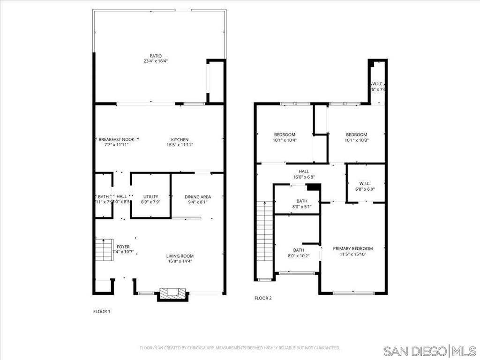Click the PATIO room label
click(x=150, y=56)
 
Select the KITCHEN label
click(x=180, y=140)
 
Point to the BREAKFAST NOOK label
click(x=116, y=140)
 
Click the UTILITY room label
click(x=150, y=196)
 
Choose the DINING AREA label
click(x=197, y=197)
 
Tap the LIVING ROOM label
click(x=180, y=256)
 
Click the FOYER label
click(x=123, y=247)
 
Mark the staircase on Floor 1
click(x=104, y=249)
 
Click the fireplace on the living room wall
click(x=173, y=293)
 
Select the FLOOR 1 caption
click(x=102, y=311)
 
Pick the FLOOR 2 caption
click(x=263, y=298)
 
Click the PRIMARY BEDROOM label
click(x=353, y=248)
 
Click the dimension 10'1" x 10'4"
click(x=285, y=140)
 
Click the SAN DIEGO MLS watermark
click(x=430, y=351)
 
